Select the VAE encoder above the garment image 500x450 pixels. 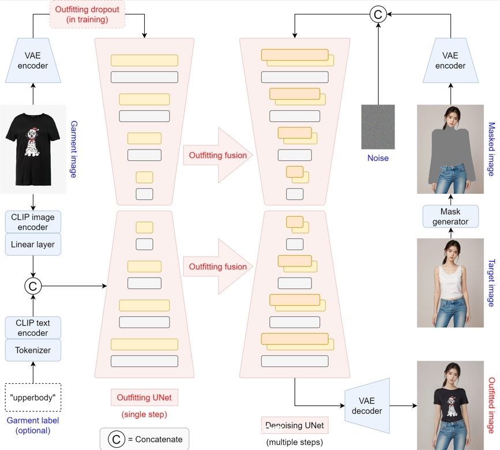pyautogui.click(x=33, y=61)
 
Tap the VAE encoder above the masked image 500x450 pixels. pyautogui.click(x=450, y=61)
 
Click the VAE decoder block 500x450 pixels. pyautogui.click(x=367, y=406)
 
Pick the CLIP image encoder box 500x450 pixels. pyautogui.click(x=33, y=222)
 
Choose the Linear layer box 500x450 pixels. pyautogui.click(x=33, y=245)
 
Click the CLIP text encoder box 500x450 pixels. pyautogui.click(x=33, y=328)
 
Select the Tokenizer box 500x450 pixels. pyautogui.click(x=33, y=350)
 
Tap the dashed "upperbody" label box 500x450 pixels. pyautogui.click(x=33, y=398)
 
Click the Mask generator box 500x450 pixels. pyautogui.click(x=450, y=216)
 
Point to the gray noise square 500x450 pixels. pyautogui.click(x=378, y=127)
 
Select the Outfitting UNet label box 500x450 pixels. pyautogui.click(x=144, y=397)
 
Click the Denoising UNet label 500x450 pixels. pyautogui.click(x=294, y=426)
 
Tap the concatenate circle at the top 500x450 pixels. pyautogui.click(x=378, y=14)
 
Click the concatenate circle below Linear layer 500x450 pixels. pyautogui.click(x=33, y=285)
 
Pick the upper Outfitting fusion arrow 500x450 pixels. pyautogui.click(x=218, y=155)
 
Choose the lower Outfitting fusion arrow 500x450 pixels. pyautogui.click(x=218, y=267)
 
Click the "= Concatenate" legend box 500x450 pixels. pyautogui.click(x=144, y=439)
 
